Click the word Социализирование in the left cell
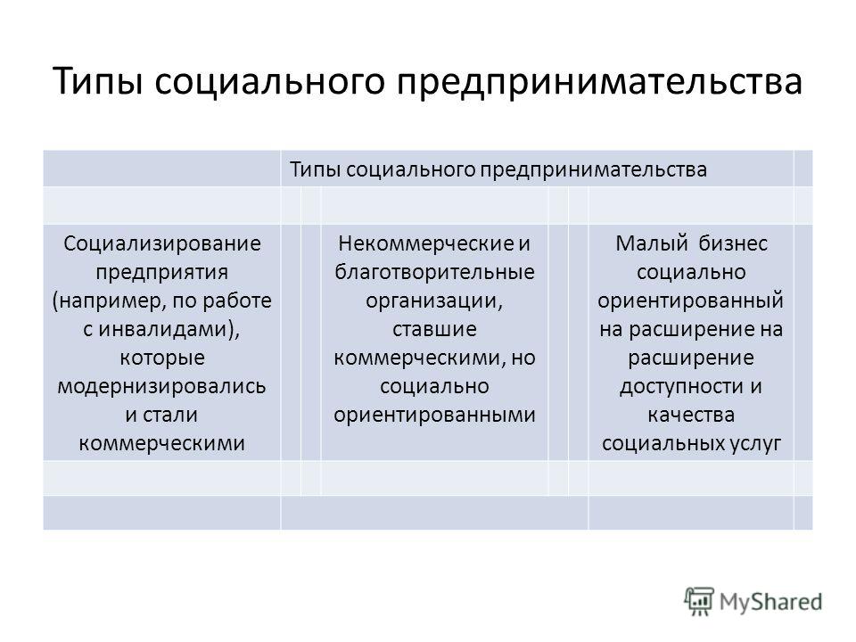pyautogui.click(x=161, y=243)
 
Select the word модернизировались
pyautogui.click(x=161, y=386)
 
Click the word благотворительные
pyautogui.click(x=434, y=273)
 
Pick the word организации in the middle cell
pyautogui.click(x=432, y=300)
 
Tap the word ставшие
pyautogui.click(x=434, y=329)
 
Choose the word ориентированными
pyautogui.click(x=434, y=415)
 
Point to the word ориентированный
pyautogui.click(x=690, y=300)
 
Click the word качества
pyautogui.click(x=691, y=415)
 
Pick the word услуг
pyautogui.click(x=755, y=443)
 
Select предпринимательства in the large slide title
pyautogui.click(x=599, y=81)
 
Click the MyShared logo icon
pyautogui.click(x=699, y=602)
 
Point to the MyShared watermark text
pyautogui.click(x=770, y=602)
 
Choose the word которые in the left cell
pyautogui.click(x=162, y=358)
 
